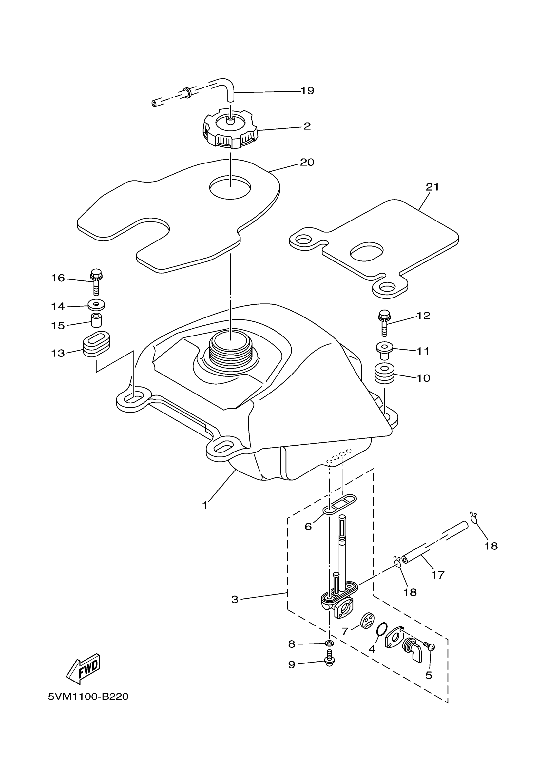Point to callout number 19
[307, 91]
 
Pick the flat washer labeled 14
[96, 305]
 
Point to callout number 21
[432, 187]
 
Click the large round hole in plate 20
[230, 187]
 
